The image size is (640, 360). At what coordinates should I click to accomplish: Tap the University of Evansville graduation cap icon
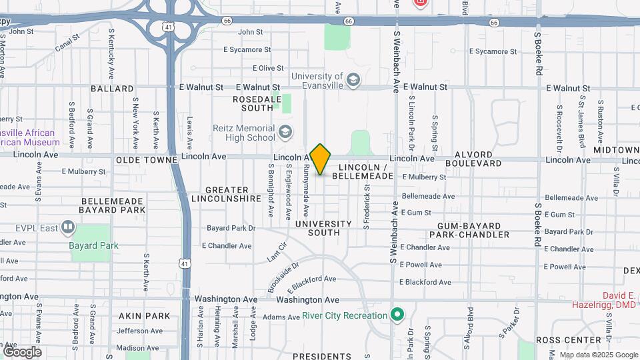coord(353,81)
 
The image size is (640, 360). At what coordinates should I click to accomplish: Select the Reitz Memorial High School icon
coord(285,132)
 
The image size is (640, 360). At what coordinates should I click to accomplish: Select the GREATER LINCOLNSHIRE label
coord(226,195)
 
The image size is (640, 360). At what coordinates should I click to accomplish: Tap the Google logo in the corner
coord(21,351)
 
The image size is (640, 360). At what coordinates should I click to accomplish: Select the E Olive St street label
coord(268,68)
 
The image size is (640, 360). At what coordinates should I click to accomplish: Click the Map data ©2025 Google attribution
coord(598,355)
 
